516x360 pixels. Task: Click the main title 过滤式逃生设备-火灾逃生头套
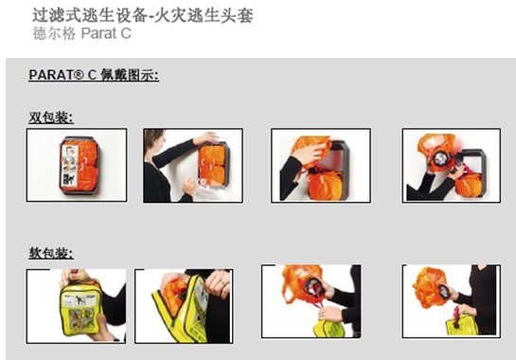143,16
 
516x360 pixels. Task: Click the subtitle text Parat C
106,33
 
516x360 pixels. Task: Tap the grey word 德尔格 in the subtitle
54,33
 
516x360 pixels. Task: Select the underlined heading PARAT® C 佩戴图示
94,75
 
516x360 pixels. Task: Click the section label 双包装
51,117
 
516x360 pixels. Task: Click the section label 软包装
51,253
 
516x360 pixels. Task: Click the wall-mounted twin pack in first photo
79,165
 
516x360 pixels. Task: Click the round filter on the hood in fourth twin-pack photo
440,159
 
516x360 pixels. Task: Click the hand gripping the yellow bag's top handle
73,276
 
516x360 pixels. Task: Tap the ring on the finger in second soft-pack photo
222,283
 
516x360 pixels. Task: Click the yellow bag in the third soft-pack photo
329,328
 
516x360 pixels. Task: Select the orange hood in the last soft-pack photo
429,287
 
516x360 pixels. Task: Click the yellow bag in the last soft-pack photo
462,325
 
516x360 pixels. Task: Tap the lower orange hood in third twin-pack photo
325,184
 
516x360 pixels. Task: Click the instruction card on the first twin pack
70,168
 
